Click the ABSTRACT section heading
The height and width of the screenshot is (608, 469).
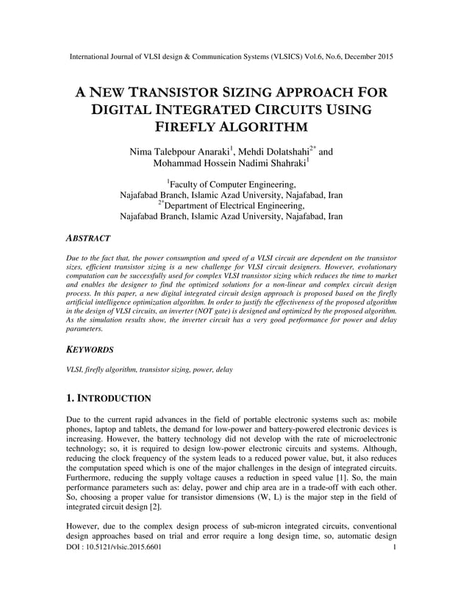(89, 238)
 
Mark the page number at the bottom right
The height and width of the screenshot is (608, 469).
(395, 548)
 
